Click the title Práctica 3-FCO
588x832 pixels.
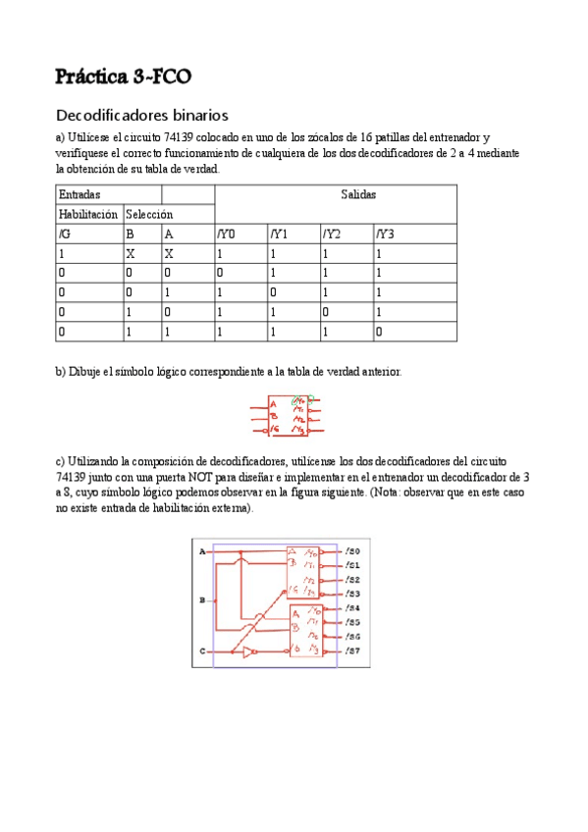(x=124, y=77)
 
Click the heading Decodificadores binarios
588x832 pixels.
(x=142, y=115)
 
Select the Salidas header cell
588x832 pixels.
(x=358, y=194)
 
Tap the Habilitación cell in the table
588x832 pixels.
(x=88, y=214)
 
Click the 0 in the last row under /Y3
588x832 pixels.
(x=378, y=332)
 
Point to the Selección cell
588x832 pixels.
(x=149, y=214)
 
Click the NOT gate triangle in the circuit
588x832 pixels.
(x=250, y=651)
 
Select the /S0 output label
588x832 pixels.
(x=353, y=552)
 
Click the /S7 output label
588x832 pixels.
(x=353, y=651)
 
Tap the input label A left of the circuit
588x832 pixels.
(x=202, y=552)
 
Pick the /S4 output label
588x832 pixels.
(x=353, y=609)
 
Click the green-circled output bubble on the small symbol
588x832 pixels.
(x=310, y=400)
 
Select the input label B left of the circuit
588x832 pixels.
(x=202, y=598)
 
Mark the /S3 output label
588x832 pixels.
(x=353, y=594)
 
